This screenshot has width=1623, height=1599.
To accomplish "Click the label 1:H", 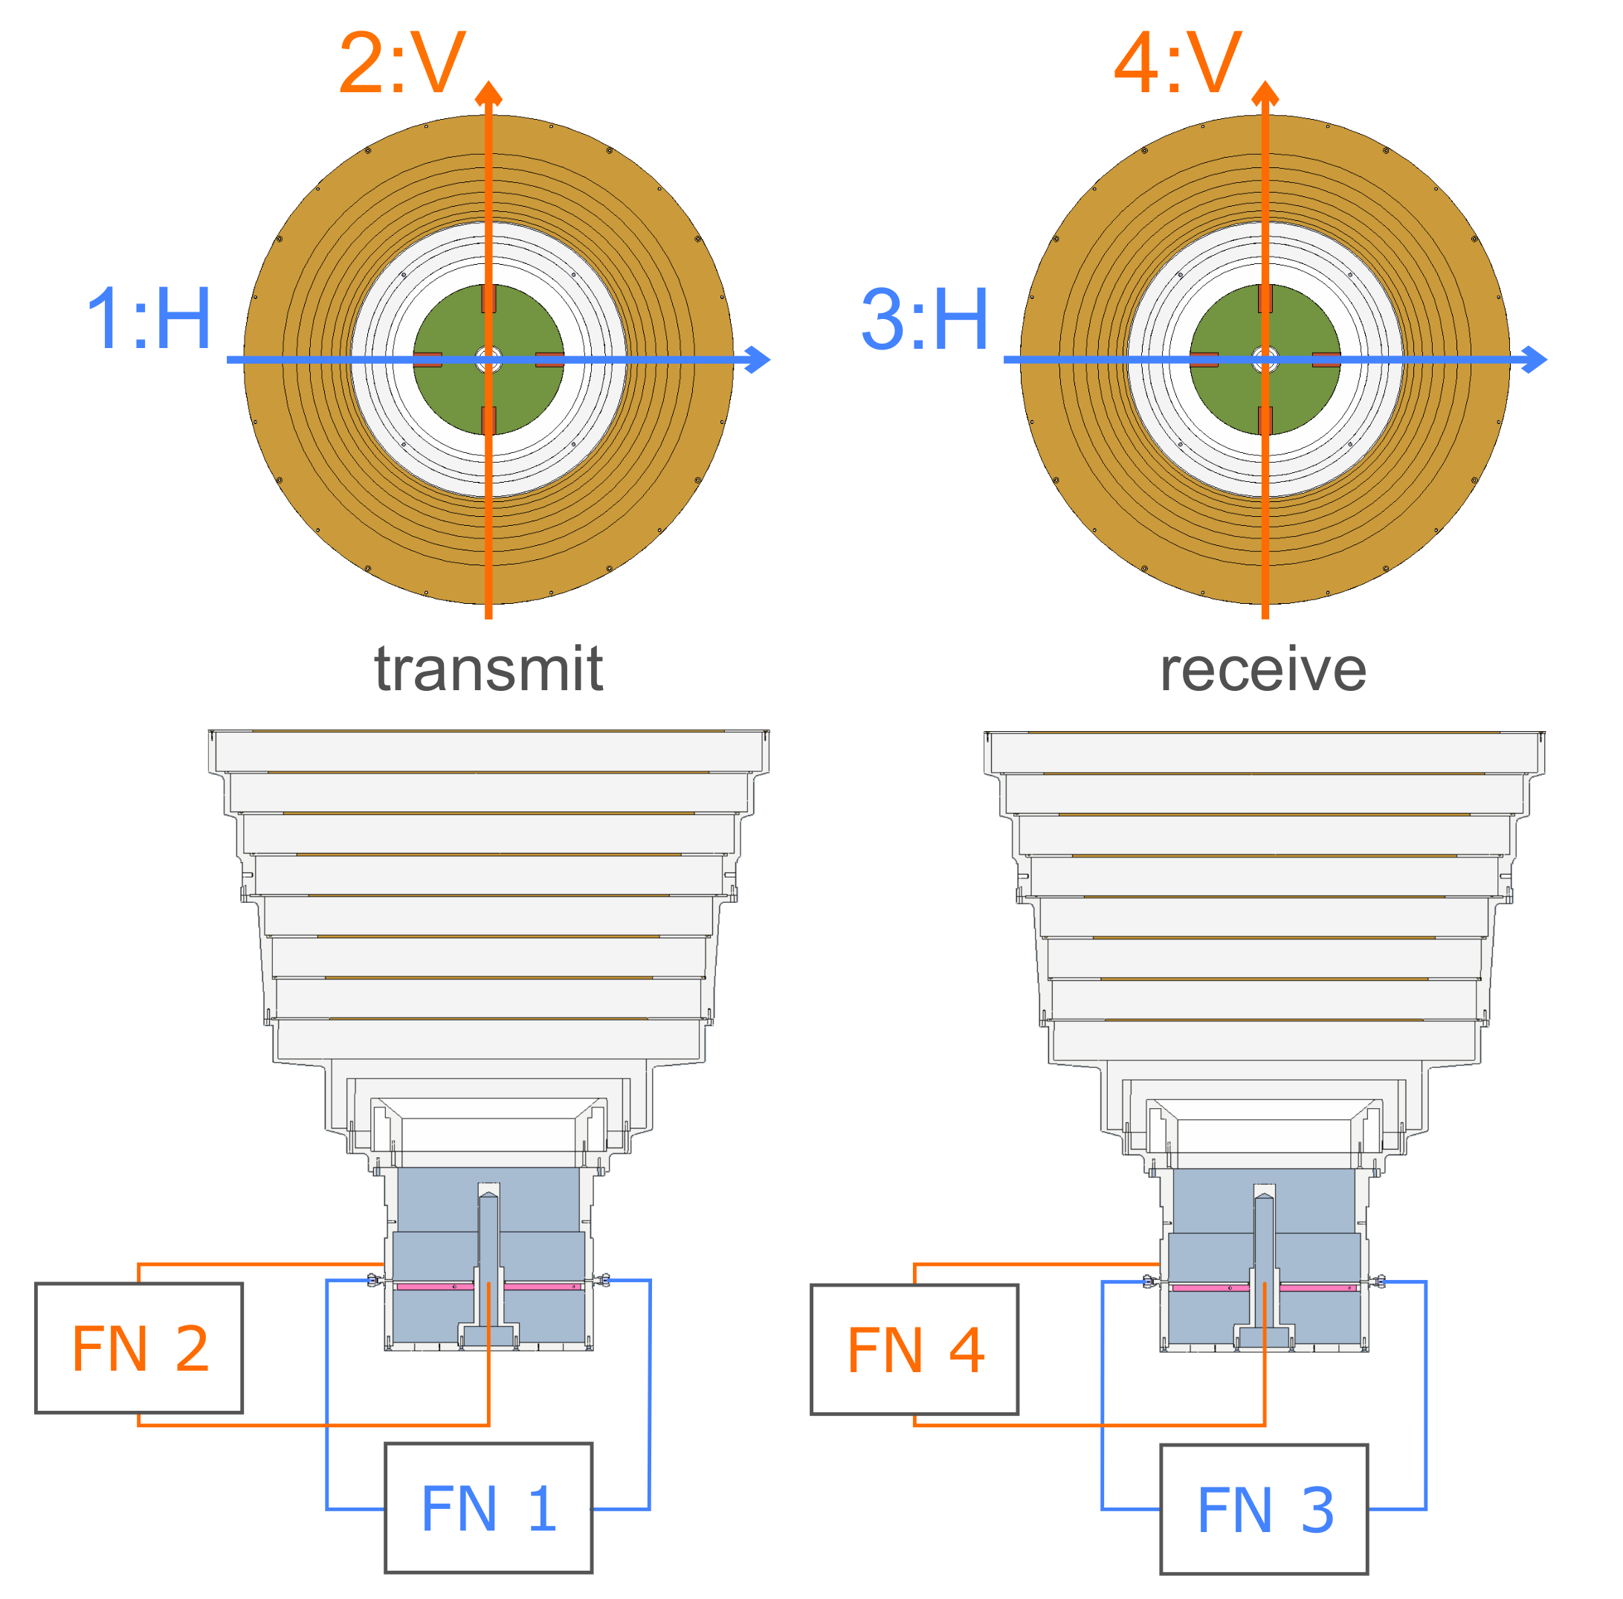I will coord(149,319).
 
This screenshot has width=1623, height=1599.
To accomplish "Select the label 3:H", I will coord(924,319).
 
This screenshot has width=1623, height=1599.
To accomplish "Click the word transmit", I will coord(488,669).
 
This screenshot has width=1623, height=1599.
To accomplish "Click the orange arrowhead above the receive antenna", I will coord(1265,92).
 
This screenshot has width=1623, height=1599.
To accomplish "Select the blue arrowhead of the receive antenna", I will coord(1534,359).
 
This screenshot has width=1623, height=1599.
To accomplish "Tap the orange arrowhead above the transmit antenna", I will coord(488,92).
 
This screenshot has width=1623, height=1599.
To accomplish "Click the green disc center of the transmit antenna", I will coord(488,359).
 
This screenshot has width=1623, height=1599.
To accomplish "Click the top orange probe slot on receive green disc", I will coord(1265,299).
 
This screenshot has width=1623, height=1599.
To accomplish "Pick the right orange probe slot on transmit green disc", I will coord(549,359).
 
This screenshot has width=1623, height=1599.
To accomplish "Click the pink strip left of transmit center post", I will coord(434,1287).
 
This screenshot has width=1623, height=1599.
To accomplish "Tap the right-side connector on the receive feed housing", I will coord(1377,1281).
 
